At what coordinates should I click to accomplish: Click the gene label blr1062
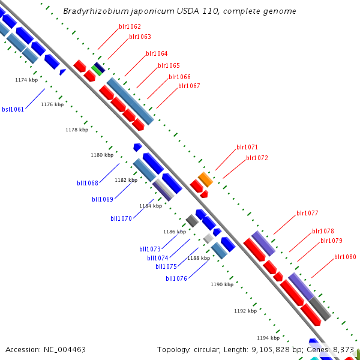tap(130, 26)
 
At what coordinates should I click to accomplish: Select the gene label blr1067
tap(189, 86)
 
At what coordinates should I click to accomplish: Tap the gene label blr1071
tap(247, 147)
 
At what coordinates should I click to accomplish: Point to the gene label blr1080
tap(345, 257)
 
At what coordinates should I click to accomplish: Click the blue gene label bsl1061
tap(13, 109)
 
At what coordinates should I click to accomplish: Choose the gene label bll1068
tap(88, 183)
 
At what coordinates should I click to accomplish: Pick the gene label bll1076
tap(176, 278)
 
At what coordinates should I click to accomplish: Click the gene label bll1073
tap(150, 249)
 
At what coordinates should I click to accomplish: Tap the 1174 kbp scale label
tap(26, 80)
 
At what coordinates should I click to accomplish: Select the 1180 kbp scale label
tap(102, 155)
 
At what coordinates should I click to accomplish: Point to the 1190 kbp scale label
tap(221, 284)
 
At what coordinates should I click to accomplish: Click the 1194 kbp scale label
tap(268, 337)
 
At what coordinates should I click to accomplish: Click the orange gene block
tap(206, 179)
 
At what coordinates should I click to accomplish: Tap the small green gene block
tap(96, 70)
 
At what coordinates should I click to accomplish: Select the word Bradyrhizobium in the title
tap(91, 11)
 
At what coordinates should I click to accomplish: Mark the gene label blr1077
tap(307, 213)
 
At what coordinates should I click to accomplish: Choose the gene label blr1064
tap(157, 53)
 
